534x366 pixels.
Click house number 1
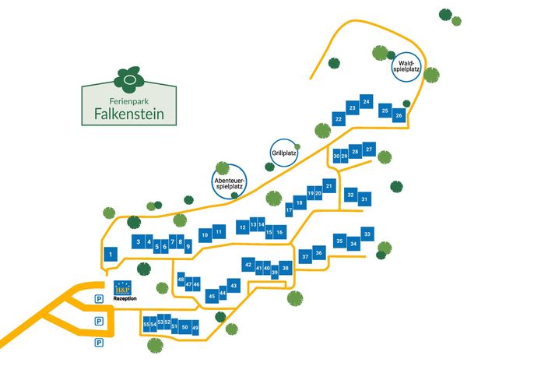(111, 254)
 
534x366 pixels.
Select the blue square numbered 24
(366, 101)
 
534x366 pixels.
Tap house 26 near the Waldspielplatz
(399, 115)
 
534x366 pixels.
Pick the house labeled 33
(367, 234)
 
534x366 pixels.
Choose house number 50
(185, 327)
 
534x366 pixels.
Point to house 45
(212, 296)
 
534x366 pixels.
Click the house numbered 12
(243, 227)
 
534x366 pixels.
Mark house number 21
(329, 186)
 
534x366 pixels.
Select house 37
(305, 256)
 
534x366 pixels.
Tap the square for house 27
(369, 149)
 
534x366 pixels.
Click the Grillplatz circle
(284, 153)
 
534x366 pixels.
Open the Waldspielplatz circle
(406, 67)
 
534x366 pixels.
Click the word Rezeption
(125, 298)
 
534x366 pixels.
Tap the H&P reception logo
(123, 288)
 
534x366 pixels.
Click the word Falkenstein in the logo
(129, 114)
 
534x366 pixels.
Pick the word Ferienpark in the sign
(129, 101)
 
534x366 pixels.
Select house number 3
(139, 241)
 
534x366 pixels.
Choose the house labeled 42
(248, 265)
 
